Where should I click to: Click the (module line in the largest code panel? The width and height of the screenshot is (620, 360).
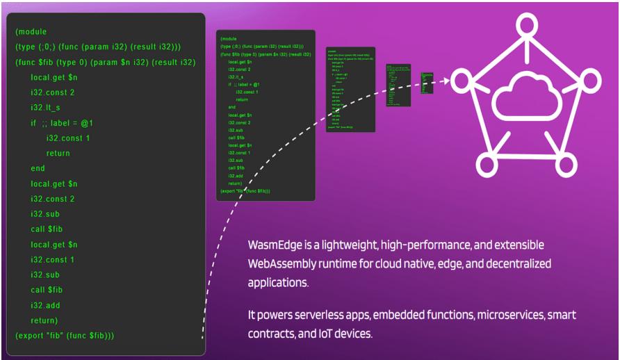tap(31, 32)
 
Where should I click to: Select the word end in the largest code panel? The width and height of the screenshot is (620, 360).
tap(38, 168)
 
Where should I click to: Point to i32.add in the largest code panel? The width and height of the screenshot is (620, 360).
tap(47, 304)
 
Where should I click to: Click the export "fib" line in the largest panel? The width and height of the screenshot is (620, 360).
tap(65, 335)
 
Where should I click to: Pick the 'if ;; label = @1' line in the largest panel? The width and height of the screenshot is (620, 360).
tap(62, 123)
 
